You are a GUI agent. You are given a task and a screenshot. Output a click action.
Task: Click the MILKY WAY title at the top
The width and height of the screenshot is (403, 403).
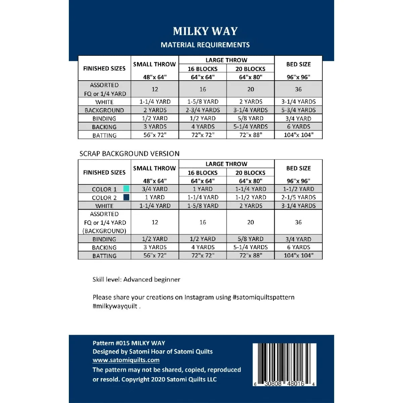205,31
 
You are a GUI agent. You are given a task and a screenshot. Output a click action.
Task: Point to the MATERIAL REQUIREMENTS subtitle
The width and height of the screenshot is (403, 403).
205,45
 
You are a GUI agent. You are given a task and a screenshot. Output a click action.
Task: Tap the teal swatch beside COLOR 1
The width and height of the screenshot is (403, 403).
126,188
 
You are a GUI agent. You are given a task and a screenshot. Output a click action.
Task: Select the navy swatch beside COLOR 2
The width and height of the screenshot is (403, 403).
126,197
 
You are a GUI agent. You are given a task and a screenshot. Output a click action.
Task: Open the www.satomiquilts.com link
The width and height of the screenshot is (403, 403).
126,360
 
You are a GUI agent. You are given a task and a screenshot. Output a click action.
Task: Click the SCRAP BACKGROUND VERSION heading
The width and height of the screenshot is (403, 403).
129,154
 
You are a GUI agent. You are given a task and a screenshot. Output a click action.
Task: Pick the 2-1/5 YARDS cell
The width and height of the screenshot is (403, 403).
299,197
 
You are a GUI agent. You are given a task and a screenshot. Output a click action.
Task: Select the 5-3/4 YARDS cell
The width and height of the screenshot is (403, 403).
299,110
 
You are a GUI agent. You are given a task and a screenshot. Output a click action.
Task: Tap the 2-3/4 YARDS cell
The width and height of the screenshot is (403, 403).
203,110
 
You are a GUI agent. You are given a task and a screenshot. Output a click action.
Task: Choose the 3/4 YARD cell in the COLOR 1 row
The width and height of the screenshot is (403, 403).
155,189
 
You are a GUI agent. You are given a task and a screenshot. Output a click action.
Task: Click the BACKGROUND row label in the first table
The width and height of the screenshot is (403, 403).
104,110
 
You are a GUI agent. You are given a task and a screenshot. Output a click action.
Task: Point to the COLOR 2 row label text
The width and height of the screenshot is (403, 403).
104,198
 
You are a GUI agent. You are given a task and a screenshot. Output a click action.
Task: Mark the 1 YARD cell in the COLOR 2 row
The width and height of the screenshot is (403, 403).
155,197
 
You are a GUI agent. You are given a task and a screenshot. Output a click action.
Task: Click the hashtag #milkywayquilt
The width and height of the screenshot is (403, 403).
115,306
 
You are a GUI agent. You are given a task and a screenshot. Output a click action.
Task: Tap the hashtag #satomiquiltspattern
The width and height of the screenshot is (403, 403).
263,297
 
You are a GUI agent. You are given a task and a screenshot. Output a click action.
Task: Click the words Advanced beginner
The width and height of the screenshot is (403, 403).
152,279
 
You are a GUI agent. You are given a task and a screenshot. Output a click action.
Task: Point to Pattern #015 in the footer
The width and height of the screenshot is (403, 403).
111,343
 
